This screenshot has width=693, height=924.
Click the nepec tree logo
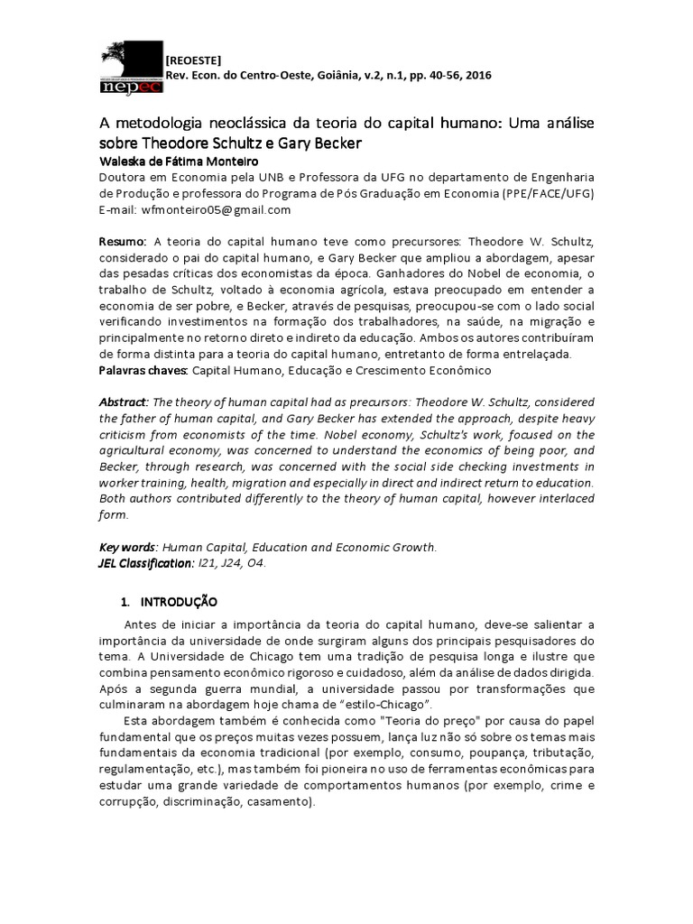point(131,68)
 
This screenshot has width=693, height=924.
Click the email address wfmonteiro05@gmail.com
point(216,209)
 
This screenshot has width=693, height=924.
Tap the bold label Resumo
point(122,243)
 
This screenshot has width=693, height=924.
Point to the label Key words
point(127,547)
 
